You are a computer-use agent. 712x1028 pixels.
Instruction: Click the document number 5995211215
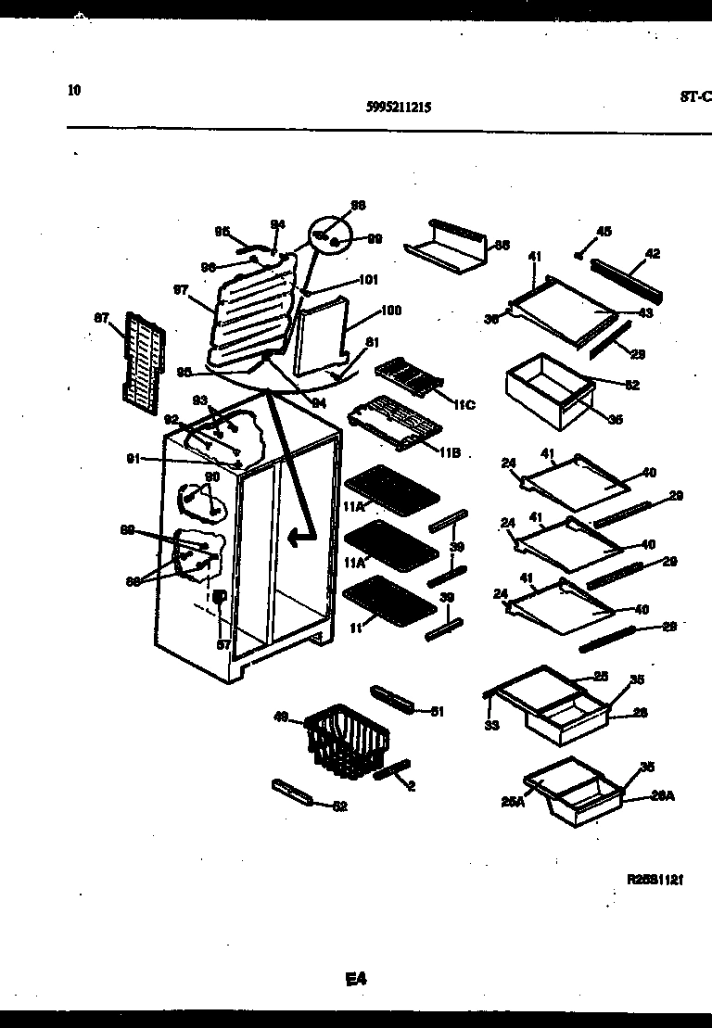coord(399,107)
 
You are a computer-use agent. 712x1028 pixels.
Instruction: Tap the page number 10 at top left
coord(74,90)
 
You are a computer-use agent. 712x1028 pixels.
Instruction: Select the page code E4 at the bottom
coord(356,977)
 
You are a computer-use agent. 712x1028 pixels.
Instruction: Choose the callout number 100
coord(390,311)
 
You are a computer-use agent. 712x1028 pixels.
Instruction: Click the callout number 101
coord(368,279)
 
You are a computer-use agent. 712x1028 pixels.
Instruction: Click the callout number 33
coord(491,725)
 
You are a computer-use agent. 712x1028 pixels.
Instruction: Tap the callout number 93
coord(199,400)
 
